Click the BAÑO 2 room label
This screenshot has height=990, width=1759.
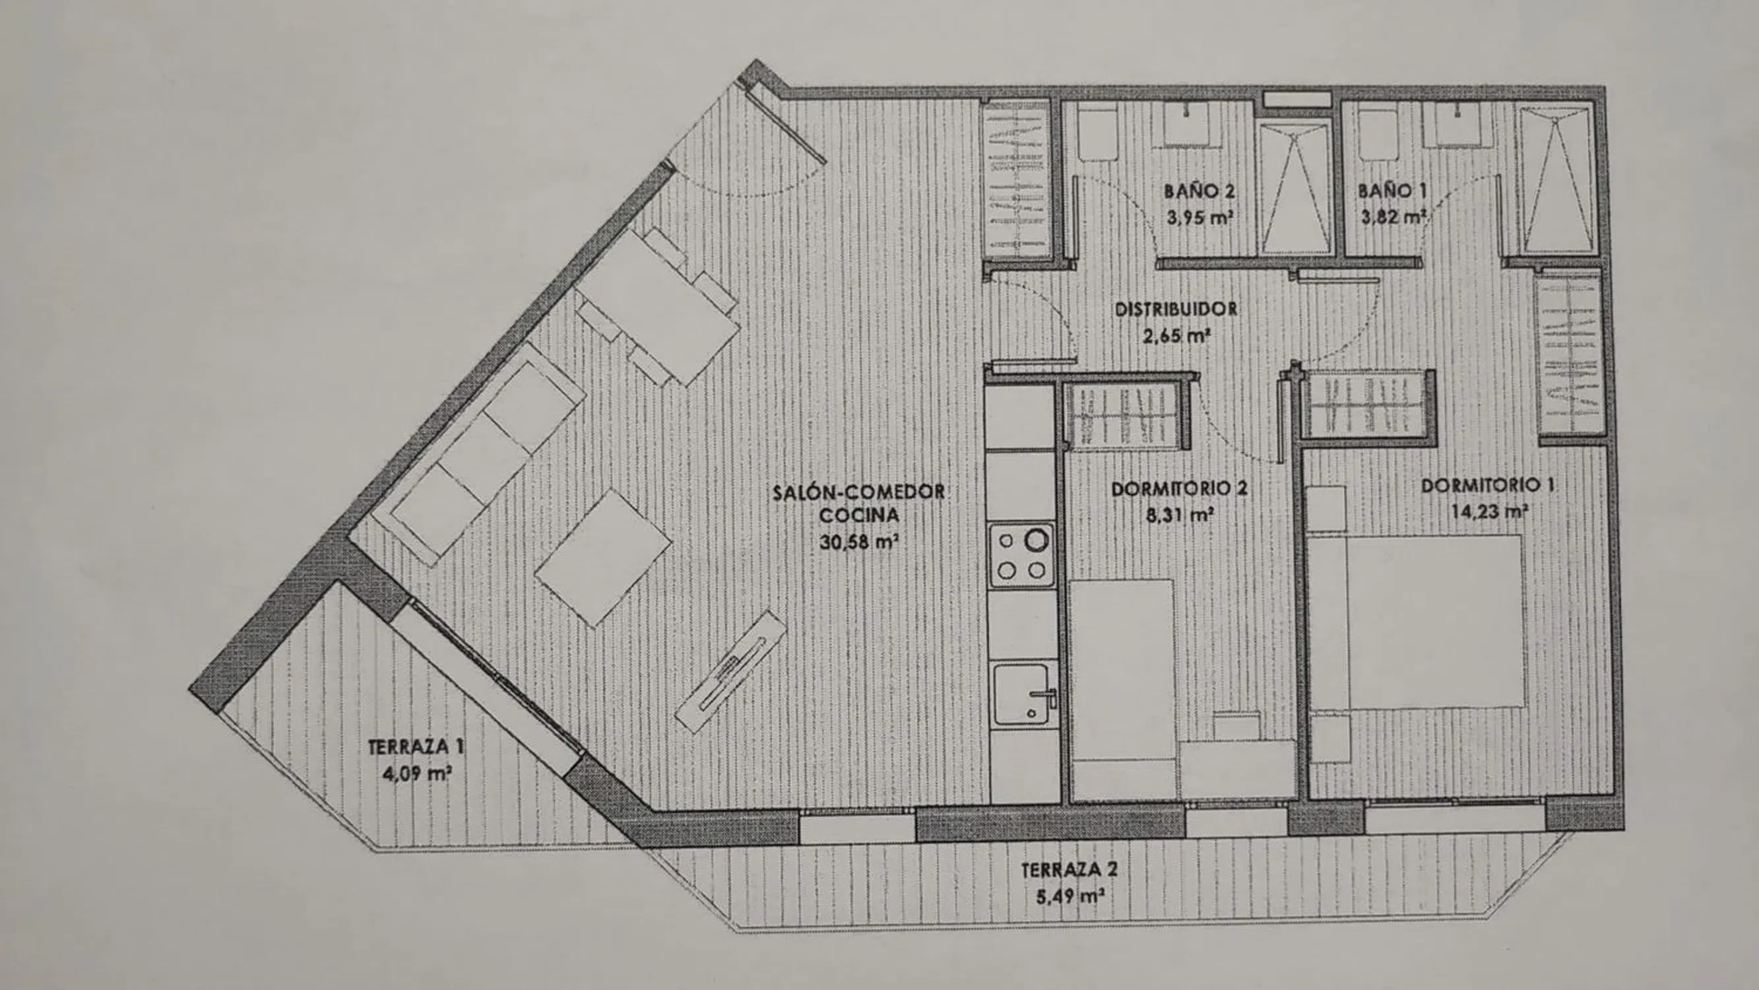pos(1200,192)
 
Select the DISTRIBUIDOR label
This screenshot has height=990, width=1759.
pos(1176,310)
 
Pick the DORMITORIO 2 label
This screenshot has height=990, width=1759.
pos(1179,489)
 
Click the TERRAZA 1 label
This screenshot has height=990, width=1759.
pos(416,746)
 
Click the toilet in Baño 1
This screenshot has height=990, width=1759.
pos(1374,134)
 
